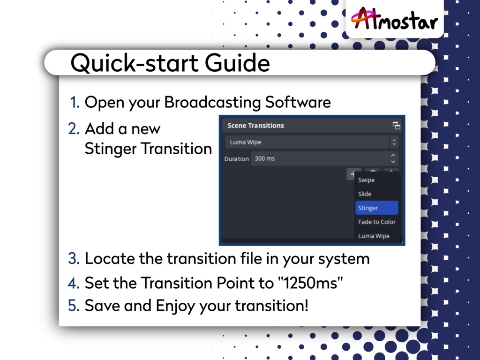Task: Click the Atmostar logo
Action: point(394,19)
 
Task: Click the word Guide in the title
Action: point(237,63)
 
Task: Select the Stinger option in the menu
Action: point(377,208)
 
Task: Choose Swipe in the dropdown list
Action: point(366,180)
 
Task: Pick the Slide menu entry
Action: point(365,194)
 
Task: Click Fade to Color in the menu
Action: point(377,222)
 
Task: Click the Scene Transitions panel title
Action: point(255,126)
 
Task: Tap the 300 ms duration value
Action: point(265,158)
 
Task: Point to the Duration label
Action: point(236,159)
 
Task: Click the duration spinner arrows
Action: point(393,158)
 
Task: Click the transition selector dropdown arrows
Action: point(394,142)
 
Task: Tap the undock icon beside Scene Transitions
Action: point(397,126)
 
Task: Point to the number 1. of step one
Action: point(75,102)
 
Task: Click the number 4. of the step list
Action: point(74,283)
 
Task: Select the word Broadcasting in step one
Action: point(212,103)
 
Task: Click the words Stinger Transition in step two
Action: point(148,149)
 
